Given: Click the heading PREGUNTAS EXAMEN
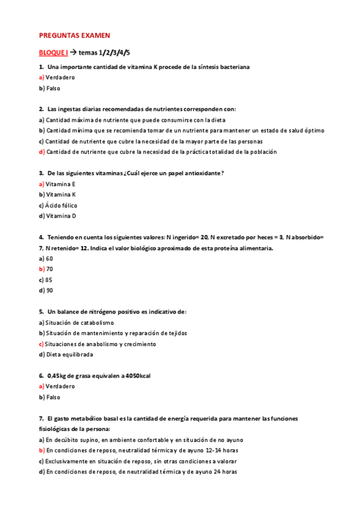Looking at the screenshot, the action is click(x=74, y=36).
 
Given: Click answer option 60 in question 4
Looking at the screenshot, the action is click(x=49, y=258).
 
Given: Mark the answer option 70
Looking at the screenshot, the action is click(x=49, y=269).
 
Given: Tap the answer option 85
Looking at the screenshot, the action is click(x=49, y=279).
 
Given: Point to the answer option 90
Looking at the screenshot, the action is click(x=49, y=290).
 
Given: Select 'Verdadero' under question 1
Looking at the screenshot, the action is click(x=60, y=78).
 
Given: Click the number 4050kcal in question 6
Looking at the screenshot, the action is click(x=138, y=376).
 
